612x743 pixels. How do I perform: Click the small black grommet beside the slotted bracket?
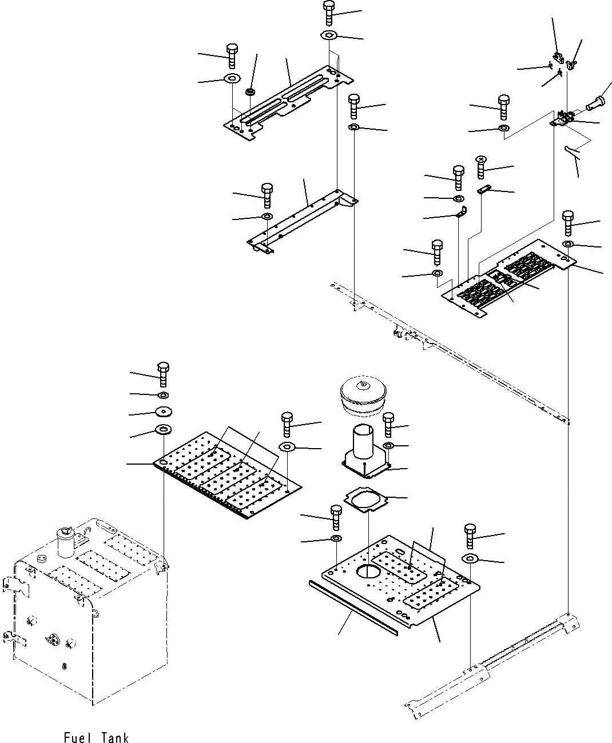click(x=250, y=92)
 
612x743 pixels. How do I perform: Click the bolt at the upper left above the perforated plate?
click(x=163, y=374)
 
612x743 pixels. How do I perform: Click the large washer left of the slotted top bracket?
click(x=232, y=78)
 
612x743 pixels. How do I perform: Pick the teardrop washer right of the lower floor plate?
click(x=470, y=558)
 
